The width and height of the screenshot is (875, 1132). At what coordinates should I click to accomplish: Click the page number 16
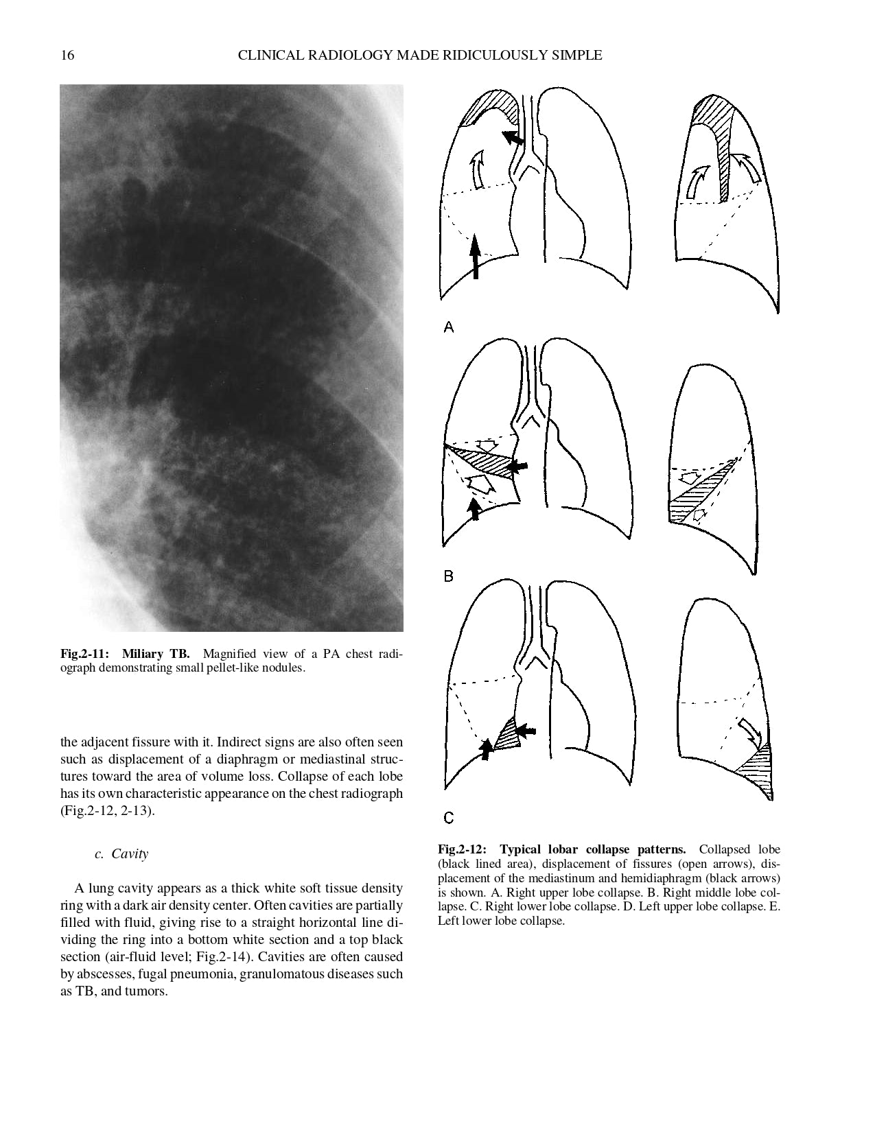point(67,56)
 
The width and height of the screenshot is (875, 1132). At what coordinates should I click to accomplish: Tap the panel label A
point(449,328)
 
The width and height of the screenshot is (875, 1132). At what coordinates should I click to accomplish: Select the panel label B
point(449,576)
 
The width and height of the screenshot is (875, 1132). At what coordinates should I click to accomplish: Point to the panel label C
point(449,817)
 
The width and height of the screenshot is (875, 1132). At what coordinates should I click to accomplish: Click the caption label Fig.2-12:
point(463,849)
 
